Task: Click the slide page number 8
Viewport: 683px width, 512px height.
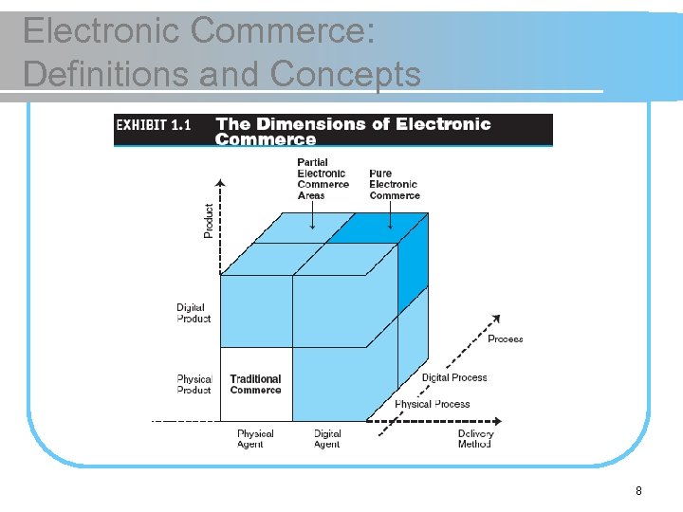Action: tap(638, 490)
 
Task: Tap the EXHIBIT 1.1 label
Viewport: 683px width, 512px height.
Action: tap(154, 124)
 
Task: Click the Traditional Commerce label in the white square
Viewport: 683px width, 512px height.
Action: tap(255, 384)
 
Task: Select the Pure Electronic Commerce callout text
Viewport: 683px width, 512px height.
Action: tap(394, 184)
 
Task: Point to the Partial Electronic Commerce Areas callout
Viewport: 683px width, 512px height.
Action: tap(323, 178)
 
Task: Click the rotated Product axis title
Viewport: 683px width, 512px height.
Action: tap(209, 221)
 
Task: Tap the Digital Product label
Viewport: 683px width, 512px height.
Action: tap(194, 313)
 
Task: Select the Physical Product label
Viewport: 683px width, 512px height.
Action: tap(194, 384)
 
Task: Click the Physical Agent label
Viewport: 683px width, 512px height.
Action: tap(255, 438)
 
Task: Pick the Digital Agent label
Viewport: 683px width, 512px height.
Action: tap(327, 438)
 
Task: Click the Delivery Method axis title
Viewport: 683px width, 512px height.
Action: tap(474, 438)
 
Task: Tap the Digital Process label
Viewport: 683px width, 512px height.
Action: tap(454, 377)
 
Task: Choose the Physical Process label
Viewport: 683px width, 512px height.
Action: tap(432, 404)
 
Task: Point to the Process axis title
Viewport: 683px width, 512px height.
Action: tap(505, 338)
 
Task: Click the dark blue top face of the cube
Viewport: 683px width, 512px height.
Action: tap(378, 228)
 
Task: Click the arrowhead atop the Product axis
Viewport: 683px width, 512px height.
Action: tap(221, 182)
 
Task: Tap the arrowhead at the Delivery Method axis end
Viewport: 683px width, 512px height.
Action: tap(498, 420)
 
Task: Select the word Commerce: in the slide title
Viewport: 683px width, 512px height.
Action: tap(283, 31)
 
